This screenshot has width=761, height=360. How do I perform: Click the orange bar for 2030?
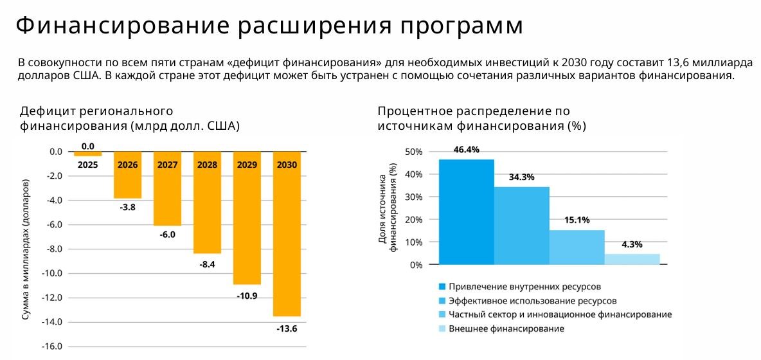pyautogui.click(x=287, y=244)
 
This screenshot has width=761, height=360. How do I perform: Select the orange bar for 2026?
pyautogui.click(x=127, y=183)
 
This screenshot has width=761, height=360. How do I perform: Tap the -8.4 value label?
pyautogui.click(x=207, y=263)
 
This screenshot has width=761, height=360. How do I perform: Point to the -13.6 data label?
pyautogui.click(x=287, y=328)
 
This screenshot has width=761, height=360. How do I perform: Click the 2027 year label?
pyautogui.click(x=167, y=165)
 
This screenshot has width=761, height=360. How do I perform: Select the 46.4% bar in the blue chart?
pyautogui.click(x=466, y=212)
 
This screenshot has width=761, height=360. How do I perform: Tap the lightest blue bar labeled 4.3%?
pyautogui.click(x=632, y=259)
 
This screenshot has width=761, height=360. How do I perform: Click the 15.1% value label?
pyautogui.click(x=577, y=220)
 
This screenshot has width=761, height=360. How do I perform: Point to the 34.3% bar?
pyautogui.click(x=521, y=226)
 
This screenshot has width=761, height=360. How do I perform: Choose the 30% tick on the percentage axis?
pyautogui.click(x=414, y=197)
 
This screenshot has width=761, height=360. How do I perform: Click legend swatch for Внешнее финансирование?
pyautogui.click(x=442, y=329)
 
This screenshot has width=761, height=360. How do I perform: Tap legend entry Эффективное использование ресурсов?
pyautogui.click(x=532, y=300)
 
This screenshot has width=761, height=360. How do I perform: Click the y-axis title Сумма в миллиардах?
pyautogui.click(x=26, y=254)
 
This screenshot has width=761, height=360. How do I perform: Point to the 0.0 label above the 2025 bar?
pyautogui.click(x=88, y=146)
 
